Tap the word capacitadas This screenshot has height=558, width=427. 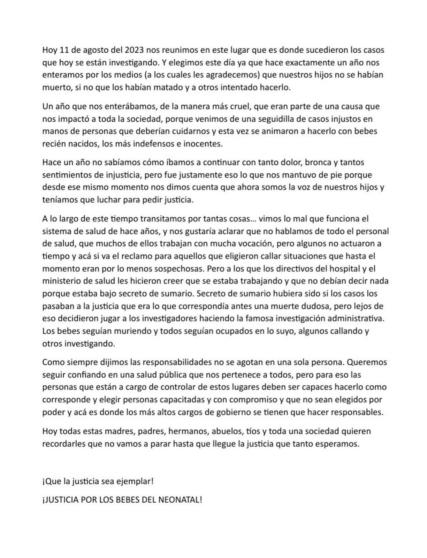(177, 400)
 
